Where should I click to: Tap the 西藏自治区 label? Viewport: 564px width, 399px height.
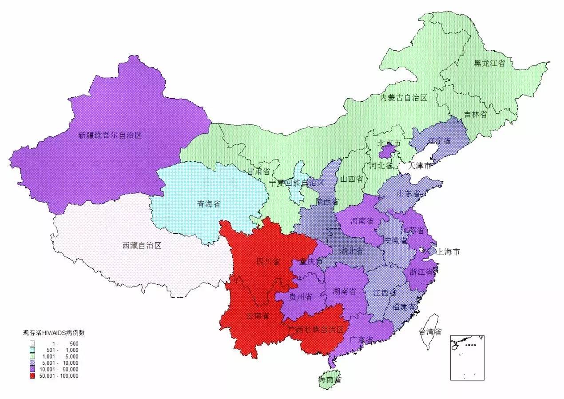[x=142, y=245]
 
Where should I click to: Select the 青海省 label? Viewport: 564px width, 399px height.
[x=209, y=205]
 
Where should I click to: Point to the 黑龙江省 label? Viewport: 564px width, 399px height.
[x=489, y=63]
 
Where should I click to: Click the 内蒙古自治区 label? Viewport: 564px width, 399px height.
[x=403, y=98]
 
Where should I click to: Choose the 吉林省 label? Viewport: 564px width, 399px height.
[x=476, y=115]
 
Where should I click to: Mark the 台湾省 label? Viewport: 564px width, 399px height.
[x=429, y=332]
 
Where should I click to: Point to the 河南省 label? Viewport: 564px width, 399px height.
[x=361, y=221]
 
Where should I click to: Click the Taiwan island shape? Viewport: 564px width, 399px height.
[x=430, y=322]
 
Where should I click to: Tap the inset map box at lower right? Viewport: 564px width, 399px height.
[x=467, y=358]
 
